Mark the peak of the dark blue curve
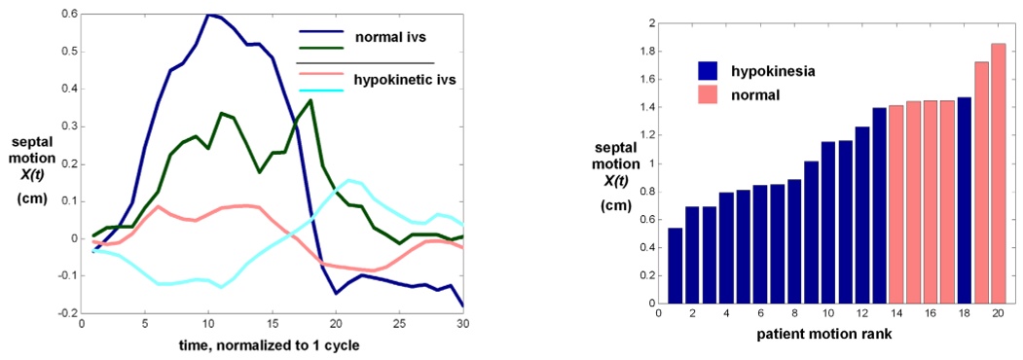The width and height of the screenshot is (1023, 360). tap(208, 15)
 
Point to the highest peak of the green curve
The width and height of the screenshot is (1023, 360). tap(311, 99)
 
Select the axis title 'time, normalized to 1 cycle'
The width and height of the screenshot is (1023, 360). tap(271, 346)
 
